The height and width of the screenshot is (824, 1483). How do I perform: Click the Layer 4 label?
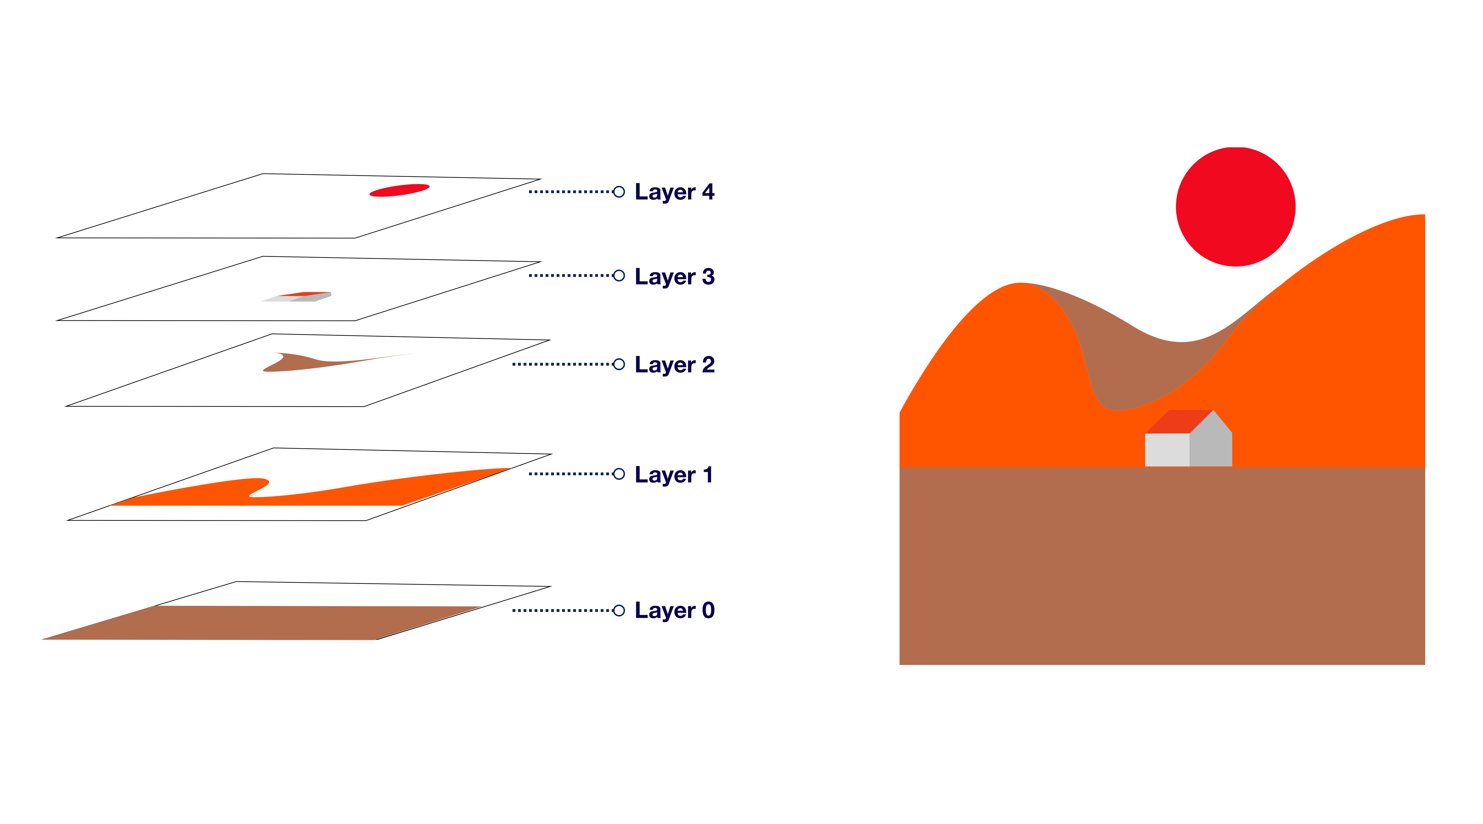[674, 192]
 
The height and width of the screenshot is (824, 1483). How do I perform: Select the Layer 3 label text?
[674, 277]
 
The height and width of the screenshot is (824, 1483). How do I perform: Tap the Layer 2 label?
[674, 364]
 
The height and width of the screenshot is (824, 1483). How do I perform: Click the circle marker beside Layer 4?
[619, 192]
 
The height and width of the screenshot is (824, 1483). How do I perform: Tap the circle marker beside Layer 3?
[619, 276]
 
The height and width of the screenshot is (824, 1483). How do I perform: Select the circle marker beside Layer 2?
[619, 364]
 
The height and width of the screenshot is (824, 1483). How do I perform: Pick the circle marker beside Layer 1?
[619, 474]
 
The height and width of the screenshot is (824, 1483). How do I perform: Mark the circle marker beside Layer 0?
[619, 610]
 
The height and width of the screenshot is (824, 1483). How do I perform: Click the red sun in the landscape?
[1236, 207]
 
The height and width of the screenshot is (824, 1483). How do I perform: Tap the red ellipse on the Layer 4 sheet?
[399, 190]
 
